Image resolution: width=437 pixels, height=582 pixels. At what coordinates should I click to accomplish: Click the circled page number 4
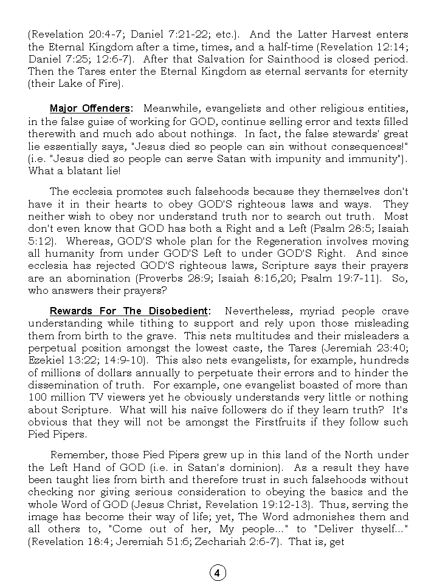tap(218, 572)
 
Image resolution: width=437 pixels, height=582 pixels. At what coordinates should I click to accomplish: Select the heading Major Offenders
tap(90, 109)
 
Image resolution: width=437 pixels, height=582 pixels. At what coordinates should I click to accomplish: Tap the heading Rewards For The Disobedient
tap(128, 311)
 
